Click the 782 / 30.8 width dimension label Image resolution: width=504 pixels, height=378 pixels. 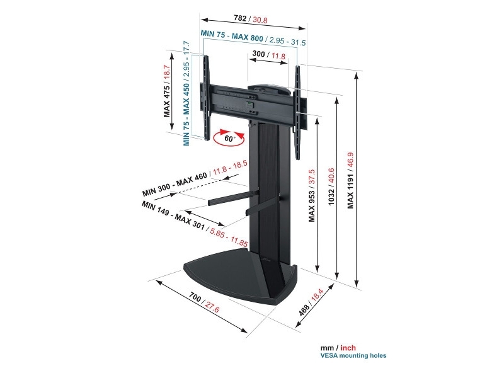250,19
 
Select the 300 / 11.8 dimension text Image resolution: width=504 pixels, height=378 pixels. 269,55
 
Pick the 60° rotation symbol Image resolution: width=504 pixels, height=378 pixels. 229,138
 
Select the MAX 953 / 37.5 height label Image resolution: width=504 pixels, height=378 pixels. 311,195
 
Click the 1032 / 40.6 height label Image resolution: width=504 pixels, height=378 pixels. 331,186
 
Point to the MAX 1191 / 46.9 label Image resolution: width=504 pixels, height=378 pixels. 350,180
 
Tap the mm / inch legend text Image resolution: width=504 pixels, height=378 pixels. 338,348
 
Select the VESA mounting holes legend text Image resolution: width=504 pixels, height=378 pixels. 353,355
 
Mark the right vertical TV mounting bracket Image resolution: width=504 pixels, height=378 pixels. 298,113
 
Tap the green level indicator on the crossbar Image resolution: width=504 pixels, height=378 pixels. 249,104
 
